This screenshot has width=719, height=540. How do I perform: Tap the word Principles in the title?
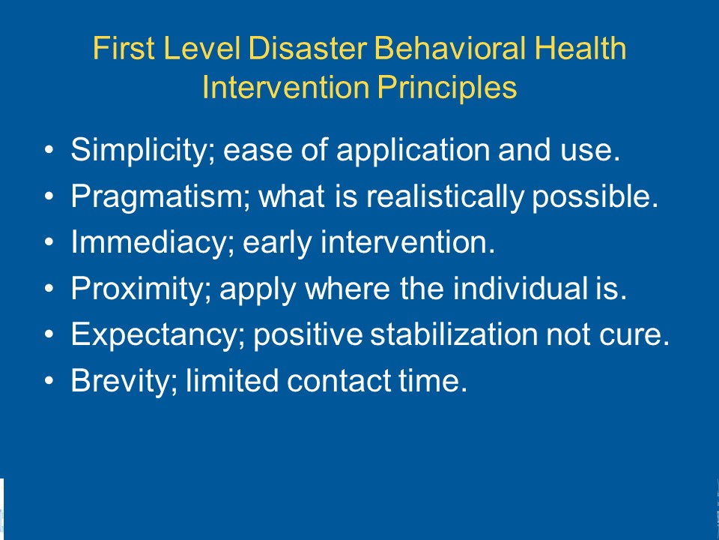tap(447, 88)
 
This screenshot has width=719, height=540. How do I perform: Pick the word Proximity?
tap(141, 289)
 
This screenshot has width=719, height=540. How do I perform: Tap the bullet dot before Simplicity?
tap(49, 150)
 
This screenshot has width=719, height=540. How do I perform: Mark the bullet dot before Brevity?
tap(49, 381)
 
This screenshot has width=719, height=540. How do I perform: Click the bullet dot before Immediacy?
tap(49, 242)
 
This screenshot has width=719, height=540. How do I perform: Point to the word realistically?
tap(445, 196)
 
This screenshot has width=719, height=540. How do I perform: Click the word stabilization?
tap(454, 334)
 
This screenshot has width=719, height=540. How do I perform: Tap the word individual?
tap(521, 288)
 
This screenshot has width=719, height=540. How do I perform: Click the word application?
tap(413, 150)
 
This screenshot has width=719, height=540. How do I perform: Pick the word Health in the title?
tap(580, 48)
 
